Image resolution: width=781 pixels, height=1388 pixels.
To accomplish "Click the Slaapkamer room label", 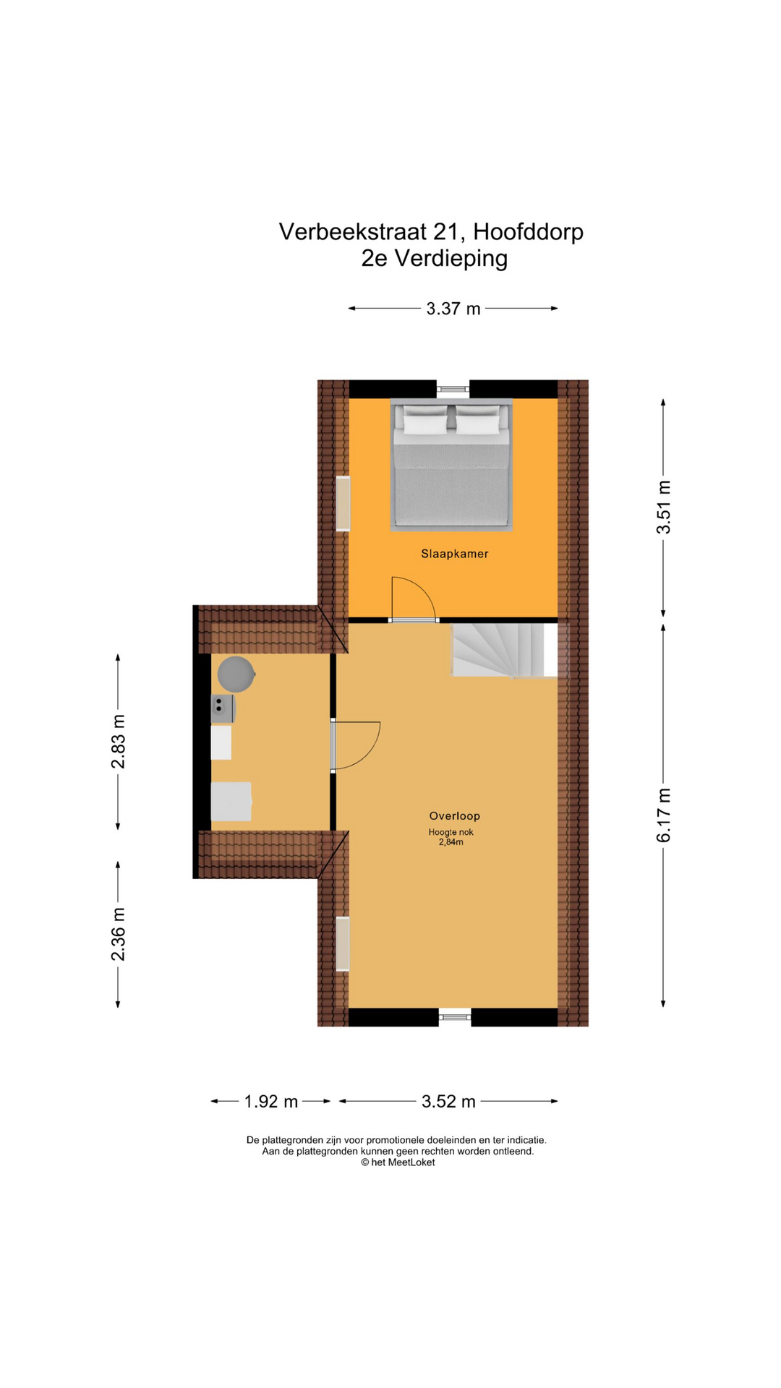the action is pos(454,554).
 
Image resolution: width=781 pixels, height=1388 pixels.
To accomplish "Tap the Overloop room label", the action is pos(454,815).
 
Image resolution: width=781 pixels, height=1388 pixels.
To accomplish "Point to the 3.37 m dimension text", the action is pos(453,309).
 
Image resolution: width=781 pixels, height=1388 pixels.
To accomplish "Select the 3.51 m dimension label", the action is pos(664,507).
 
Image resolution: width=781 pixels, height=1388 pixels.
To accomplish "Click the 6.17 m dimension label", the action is pos(664,815).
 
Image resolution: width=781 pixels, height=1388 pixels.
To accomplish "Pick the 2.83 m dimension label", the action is pos(118,742).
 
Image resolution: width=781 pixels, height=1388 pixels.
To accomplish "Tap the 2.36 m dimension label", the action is pos(118,934).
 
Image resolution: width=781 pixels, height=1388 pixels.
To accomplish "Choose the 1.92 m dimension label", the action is pos(271,1101).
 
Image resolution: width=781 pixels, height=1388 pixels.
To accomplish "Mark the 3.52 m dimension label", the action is pos(449,1101).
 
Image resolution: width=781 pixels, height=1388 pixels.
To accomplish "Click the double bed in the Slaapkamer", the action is pos(451,465).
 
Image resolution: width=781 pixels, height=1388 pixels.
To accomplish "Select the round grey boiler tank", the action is pos(236,674).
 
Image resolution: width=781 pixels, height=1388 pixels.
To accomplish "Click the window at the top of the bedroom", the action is pos(453,389).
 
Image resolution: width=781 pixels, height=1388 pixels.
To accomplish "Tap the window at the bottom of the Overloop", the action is pos(455,1017).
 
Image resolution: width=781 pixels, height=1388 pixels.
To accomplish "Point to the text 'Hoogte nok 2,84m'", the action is pos(451,837).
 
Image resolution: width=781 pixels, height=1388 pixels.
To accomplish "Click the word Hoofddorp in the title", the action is pos(528,231).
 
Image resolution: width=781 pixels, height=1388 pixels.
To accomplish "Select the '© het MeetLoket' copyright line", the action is pos(398,1162).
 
